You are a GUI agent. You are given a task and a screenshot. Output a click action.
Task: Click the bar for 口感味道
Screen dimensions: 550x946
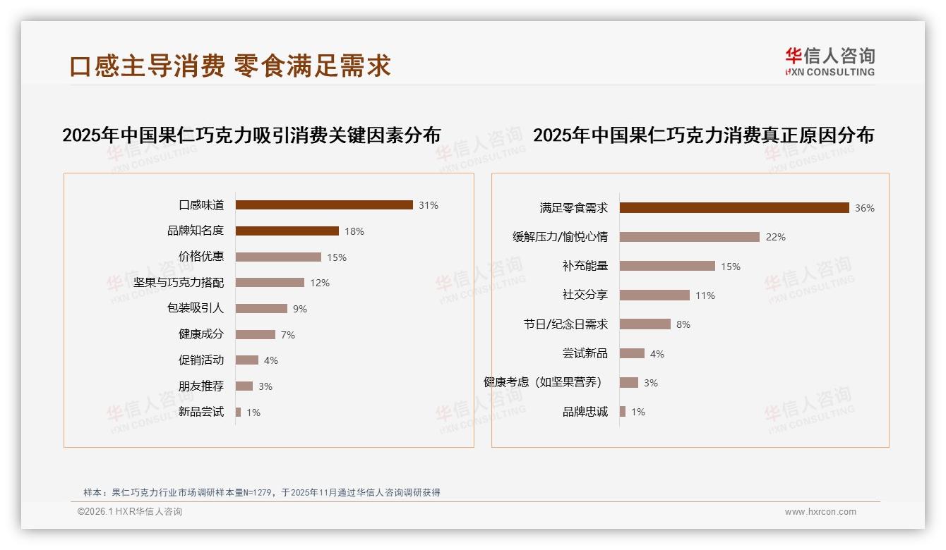click(x=324, y=205)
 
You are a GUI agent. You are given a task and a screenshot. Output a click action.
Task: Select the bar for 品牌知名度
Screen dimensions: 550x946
click(x=287, y=231)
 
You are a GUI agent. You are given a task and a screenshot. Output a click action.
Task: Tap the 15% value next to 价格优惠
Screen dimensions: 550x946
click(x=337, y=257)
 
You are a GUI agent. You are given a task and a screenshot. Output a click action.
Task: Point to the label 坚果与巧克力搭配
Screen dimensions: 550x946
click(x=179, y=283)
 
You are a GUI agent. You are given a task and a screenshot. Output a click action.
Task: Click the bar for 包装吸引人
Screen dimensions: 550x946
click(x=261, y=309)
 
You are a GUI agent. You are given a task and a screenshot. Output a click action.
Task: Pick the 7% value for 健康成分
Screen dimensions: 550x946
click(x=288, y=335)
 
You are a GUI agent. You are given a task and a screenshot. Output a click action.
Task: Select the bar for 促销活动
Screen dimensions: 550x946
click(x=247, y=360)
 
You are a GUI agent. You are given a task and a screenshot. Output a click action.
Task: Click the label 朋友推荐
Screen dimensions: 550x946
click(x=201, y=386)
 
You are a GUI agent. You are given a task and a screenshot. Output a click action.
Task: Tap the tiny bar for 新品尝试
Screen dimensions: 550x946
click(x=239, y=412)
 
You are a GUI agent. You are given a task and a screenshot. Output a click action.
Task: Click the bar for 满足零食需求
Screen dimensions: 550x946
click(x=734, y=208)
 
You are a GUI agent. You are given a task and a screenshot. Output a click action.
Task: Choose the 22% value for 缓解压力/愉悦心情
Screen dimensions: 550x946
click(x=775, y=237)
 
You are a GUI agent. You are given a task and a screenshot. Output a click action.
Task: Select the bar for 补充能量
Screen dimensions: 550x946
click(x=667, y=267)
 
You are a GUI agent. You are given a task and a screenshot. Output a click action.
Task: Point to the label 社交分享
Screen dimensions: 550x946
click(x=585, y=295)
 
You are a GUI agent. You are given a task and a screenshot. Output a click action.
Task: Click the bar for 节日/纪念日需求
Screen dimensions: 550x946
click(x=645, y=324)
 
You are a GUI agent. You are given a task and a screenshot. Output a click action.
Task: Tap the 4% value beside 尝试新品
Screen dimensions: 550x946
click(x=657, y=354)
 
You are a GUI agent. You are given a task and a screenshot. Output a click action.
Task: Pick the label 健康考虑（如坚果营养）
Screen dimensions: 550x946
click(x=544, y=382)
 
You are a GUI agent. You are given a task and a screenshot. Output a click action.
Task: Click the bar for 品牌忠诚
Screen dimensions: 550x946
click(x=623, y=412)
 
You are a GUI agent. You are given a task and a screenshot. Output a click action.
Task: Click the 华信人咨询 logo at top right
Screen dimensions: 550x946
click(x=830, y=61)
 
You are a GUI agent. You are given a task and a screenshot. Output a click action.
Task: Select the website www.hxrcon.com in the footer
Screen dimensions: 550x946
click(x=820, y=512)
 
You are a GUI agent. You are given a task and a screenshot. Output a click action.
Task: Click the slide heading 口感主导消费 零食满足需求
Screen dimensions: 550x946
click(x=230, y=66)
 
